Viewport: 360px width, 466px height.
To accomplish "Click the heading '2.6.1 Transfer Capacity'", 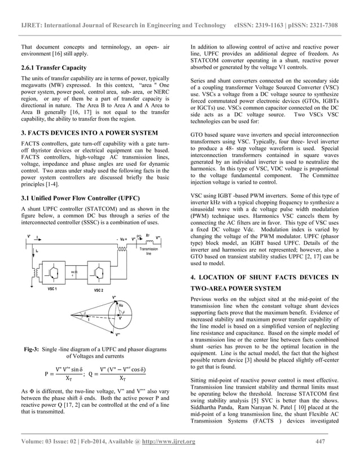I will [x=52, y=67].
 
